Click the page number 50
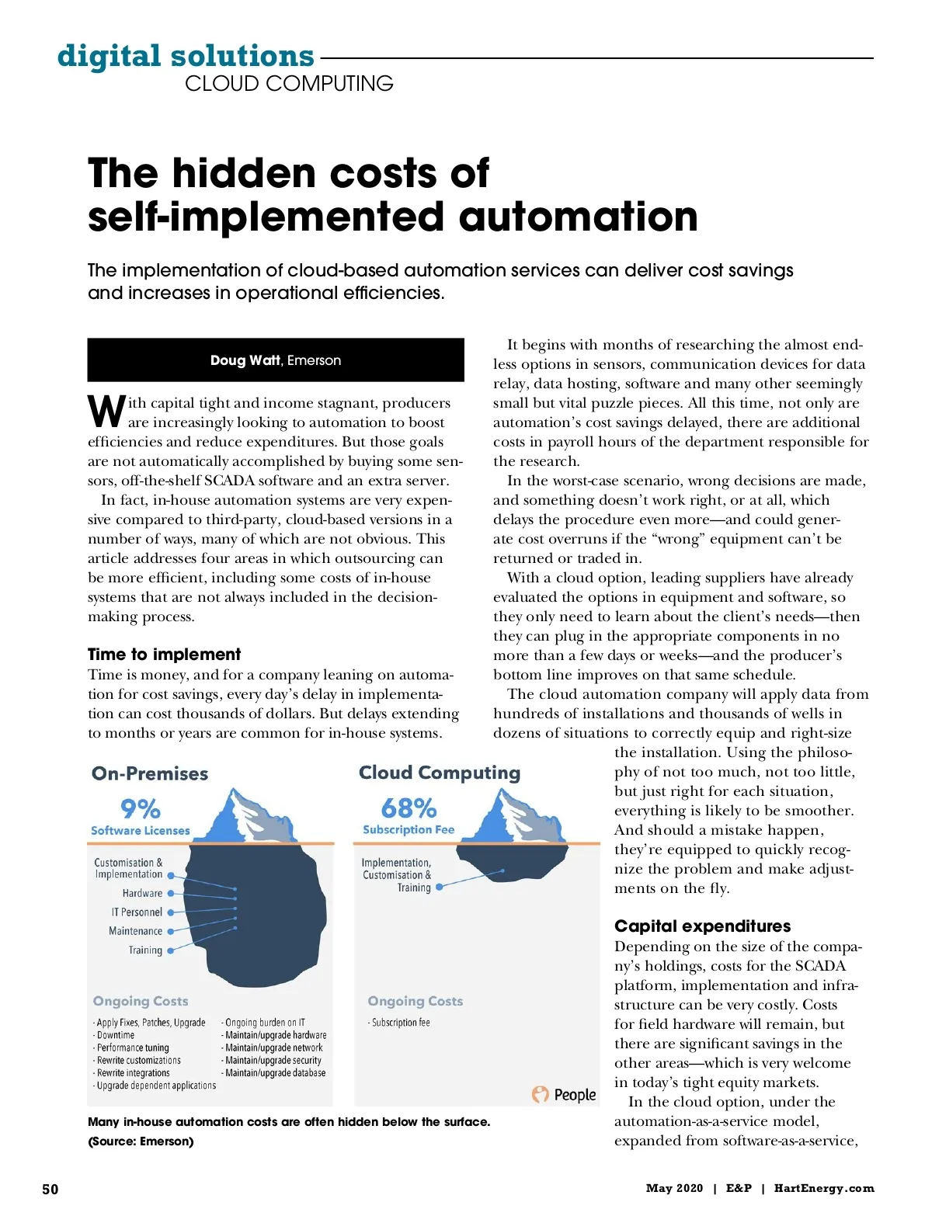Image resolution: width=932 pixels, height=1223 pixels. click(x=50, y=1189)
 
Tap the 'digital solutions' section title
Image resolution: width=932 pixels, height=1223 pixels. click(x=186, y=56)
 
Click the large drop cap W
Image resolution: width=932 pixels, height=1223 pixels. click(x=106, y=412)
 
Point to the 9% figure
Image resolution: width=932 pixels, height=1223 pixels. click(x=141, y=808)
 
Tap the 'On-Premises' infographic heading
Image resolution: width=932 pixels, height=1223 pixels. click(x=150, y=773)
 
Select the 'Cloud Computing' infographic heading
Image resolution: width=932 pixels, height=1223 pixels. click(x=440, y=773)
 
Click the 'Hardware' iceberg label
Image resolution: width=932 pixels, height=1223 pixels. click(x=142, y=893)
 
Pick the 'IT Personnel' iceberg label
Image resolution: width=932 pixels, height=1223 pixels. click(x=137, y=912)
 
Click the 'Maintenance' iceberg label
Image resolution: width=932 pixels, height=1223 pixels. click(x=135, y=931)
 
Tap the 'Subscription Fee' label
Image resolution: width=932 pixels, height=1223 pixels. click(x=409, y=829)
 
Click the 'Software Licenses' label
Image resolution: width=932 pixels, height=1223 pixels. click(x=141, y=830)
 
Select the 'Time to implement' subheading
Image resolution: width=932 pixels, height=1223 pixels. click(x=164, y=654)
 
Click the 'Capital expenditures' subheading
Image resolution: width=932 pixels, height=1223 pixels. click(x=702, y=926)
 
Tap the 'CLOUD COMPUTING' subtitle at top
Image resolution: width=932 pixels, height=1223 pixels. click(x=289, y=83)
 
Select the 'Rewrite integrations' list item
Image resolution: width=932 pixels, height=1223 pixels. click(x=133, y=1072)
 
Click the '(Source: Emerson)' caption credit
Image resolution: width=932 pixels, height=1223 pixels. click(x=141, y=1141)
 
